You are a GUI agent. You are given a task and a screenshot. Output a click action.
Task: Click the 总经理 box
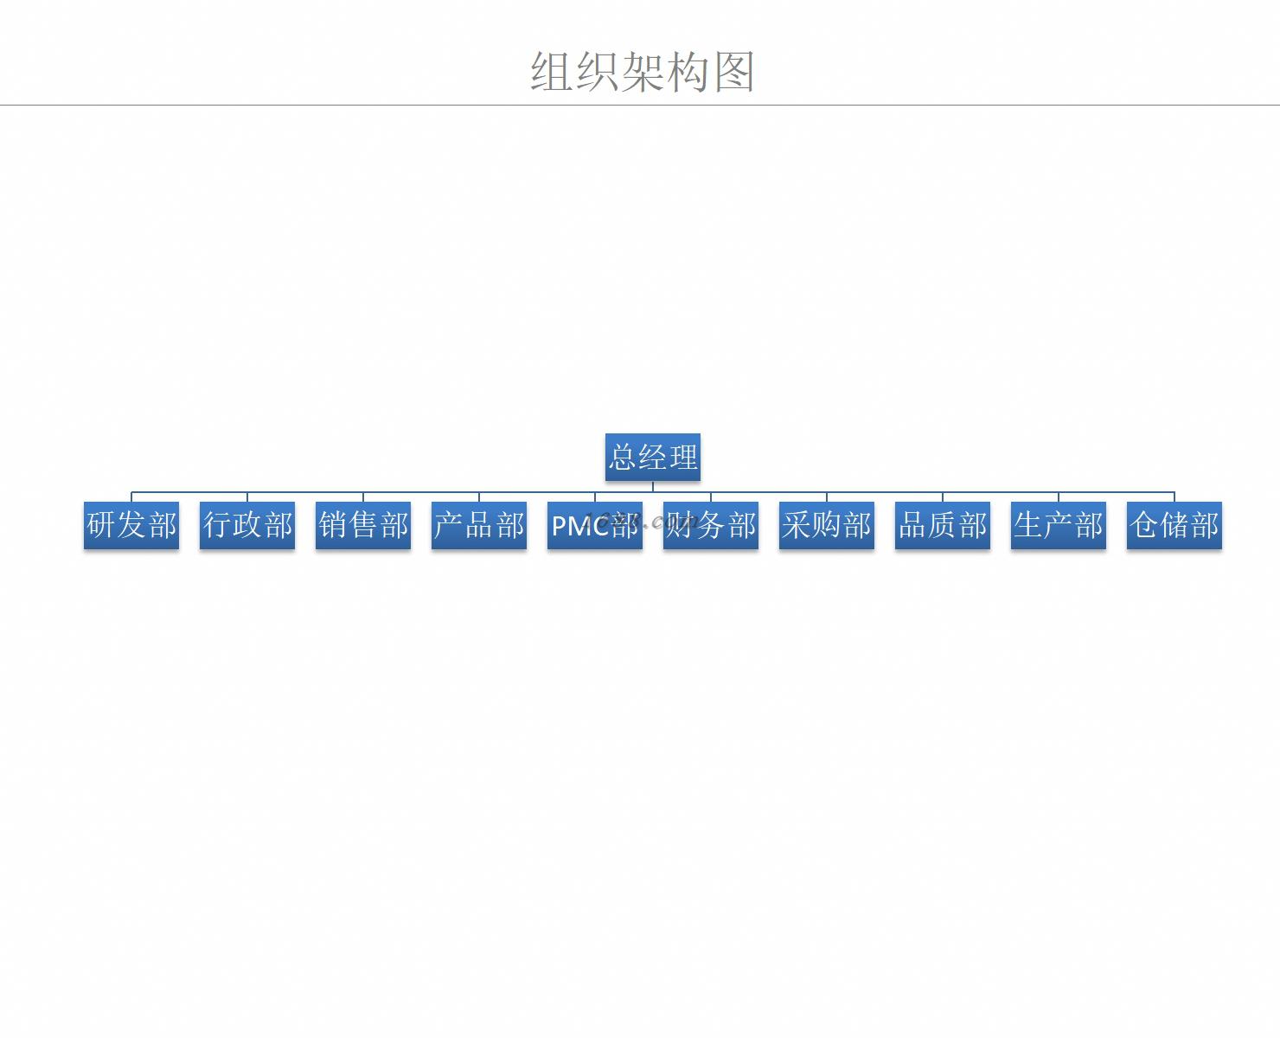coord(652,457)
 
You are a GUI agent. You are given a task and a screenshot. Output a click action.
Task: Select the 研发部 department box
coord(131,525)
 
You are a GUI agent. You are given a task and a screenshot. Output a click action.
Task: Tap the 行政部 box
coord(247,525)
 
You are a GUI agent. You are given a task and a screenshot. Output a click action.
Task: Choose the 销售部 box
coord(363,525)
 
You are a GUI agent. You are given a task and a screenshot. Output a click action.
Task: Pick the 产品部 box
coord(479,525)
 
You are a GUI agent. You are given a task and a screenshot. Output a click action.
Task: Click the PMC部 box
coord(595,525)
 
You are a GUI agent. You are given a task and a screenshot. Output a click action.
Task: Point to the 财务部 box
coord(711,525)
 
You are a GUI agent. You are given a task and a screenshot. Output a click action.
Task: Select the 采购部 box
coord(827,525)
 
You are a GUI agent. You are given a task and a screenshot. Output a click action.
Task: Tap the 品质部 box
coord(943,525)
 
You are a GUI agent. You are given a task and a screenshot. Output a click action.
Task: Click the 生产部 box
coord(1059,525)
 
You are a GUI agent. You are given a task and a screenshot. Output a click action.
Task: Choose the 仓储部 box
coord(1174,525)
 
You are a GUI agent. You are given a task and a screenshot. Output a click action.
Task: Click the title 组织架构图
coord(643,71)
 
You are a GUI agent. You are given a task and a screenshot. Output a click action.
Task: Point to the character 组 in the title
coord(552,71)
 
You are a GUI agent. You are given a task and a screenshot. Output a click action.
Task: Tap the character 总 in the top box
coord(623,457)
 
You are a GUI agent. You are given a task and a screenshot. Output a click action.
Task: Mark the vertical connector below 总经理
coord(653,486)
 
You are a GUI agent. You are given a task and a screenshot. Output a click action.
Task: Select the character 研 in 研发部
coord(102,525)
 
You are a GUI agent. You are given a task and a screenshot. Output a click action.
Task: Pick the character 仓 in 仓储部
coord(1144,525)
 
